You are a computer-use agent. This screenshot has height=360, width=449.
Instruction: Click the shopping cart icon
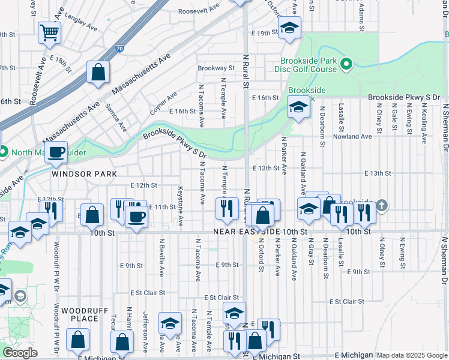pos(49,33)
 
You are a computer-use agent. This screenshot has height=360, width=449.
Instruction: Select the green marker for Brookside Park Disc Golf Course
pos(346,64)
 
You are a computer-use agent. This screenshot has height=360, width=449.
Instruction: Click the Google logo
pos(20,353)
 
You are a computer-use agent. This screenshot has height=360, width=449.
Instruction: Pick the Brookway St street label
pos(216,68)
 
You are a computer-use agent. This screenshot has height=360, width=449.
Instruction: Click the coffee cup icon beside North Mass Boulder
pos(56,152)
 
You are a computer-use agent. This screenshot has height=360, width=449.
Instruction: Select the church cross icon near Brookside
pos(382,206)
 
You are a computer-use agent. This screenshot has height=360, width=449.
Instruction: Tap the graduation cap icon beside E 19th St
pos(289,28)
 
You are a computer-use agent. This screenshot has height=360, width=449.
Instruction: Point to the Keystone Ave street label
pos(180,206)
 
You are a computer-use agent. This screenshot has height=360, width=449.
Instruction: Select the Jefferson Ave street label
pos(145,331)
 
